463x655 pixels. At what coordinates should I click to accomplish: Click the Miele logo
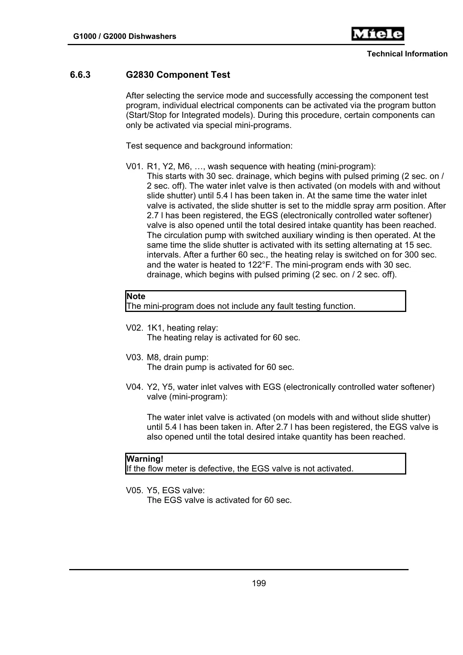point(377,34)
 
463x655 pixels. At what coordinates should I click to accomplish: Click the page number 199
point(259,583)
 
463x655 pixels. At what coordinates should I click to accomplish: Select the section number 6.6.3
point(80,75)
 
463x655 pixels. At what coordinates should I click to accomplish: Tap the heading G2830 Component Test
point(178,75)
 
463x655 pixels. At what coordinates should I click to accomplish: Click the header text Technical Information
point(407,54)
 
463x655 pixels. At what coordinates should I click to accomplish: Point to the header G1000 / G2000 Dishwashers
point(124,37)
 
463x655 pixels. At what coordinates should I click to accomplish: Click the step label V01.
point(134,166)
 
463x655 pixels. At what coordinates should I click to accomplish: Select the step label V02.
point(134,328)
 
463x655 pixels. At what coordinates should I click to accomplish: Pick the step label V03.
point(134,357)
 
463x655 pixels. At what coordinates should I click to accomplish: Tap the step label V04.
point(134,387)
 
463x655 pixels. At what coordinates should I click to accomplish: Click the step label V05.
point(134,490)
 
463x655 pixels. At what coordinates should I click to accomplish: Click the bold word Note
point(136,296)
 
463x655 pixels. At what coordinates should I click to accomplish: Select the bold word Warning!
point(145,459)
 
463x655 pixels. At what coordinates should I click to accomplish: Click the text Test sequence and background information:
point(209,146)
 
